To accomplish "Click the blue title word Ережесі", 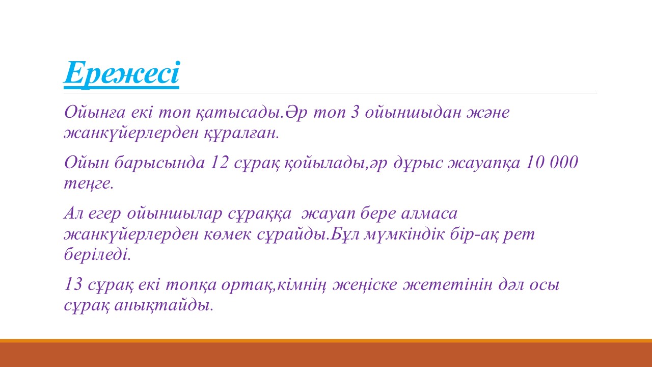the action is click(x=122, y=73).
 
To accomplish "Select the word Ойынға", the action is click(x=95, y=113).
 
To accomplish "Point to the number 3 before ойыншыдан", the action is click(x=355, y=112).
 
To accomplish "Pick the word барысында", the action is click(x=159, y=163).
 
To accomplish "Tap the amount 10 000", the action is click(x=552, y=162).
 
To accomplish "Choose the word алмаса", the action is click(x=429, y=214).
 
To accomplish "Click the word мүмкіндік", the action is click(x=404, y=235).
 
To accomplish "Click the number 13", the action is click(x=73, y=284).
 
